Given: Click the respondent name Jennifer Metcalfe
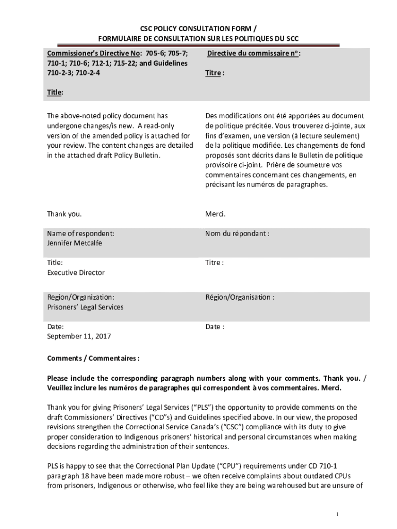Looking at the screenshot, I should pos(74,243).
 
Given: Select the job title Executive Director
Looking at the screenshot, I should pos(76,272).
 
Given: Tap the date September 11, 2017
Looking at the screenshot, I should pos(79,336).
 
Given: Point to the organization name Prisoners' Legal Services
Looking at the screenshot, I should pos(85,307).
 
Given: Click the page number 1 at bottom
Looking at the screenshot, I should pos(337,515).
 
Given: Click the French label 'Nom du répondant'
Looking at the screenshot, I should pos(237,234).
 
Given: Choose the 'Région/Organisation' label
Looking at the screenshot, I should pos(239,297).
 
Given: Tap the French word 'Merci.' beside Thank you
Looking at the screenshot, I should pos(216,214).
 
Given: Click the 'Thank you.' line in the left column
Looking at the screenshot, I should pos(64,214).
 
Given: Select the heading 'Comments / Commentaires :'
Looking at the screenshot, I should pos(93,358).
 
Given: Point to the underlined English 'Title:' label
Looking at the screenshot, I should pos(55,92).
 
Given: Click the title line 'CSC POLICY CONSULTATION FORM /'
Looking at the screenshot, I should pos(198,29).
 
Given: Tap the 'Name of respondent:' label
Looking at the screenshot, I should pos(80,234).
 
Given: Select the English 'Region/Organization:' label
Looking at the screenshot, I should pos(81,297).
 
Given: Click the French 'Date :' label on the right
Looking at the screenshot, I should pos(214,326).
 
